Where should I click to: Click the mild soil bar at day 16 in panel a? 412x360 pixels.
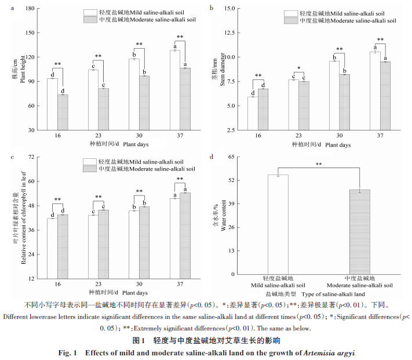pyautogui.click(x=52, y=104)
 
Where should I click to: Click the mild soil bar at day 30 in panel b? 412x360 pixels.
pyautogui.click(x=334, y=96)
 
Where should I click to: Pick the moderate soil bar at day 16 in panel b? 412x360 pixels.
pyautogui.click(x=262, y=110)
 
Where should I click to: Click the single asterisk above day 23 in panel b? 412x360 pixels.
pyautogui.click(x=298, y=68)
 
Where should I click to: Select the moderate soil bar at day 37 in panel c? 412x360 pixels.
pyautogui.click(x=185, y=235)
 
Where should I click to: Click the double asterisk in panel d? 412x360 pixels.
pyautogui.click(x=319, y=164)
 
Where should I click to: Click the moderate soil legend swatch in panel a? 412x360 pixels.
pyautogui.click(x=90, y=20)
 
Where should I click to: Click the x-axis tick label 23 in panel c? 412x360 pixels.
pyautogui.click(x=98, y=285)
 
